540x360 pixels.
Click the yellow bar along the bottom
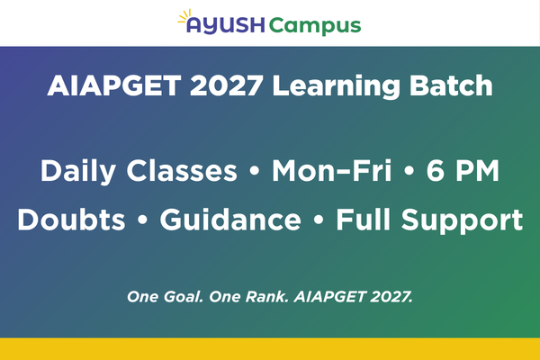tap(270, 349)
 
